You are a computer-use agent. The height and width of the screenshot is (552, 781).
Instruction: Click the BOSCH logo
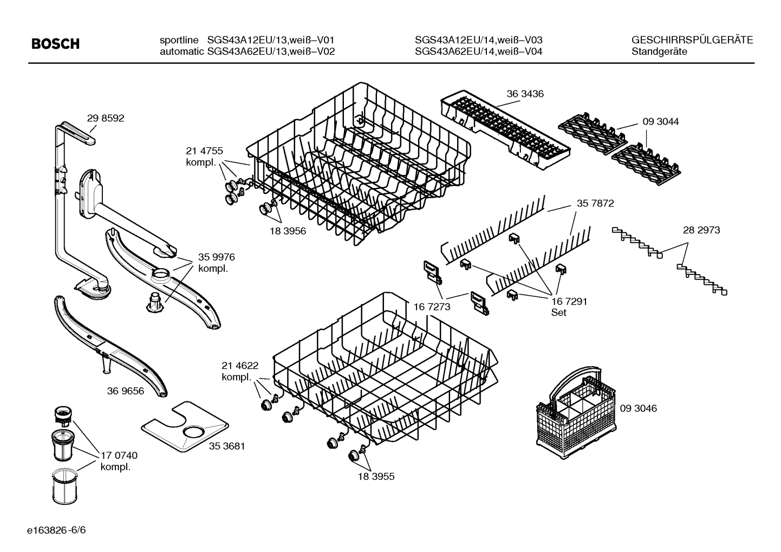click(x=55, y=44)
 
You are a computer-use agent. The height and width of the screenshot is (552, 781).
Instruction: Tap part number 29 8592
click(x=105, y=118)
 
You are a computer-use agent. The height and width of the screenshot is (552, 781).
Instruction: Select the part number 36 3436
click(x=525, y=94)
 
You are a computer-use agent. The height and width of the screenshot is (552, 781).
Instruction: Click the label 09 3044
click(x=660, y=122)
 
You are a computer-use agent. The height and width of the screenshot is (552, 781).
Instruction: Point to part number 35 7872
click(x=595, y=204)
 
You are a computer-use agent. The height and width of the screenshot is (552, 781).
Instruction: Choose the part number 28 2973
click(x=701, y=230)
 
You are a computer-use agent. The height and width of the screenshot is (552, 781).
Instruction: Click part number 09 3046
click(x=638, y=408)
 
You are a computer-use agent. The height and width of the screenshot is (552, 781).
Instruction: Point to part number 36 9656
click(x=126, y=391)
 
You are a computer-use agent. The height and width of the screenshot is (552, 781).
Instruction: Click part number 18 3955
click(x=376, y=477)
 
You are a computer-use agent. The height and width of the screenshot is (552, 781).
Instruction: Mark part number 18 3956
click(x=288, y=231)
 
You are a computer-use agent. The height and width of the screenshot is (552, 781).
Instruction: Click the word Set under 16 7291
click(x=558, y=313)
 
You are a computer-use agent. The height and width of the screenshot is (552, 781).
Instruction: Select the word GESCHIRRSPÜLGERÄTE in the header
click(x=692, y=40)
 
